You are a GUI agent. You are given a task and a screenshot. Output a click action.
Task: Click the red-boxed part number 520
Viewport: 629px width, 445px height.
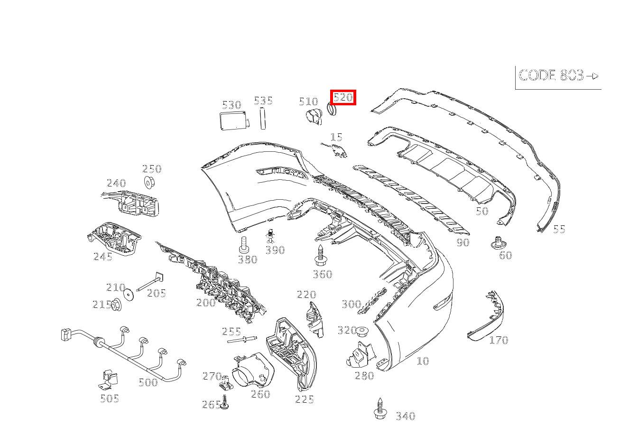point(343,98)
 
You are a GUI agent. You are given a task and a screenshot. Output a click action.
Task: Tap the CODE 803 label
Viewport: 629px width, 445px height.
point(557,76)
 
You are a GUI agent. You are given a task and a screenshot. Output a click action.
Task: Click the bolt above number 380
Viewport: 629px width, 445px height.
point(244,244)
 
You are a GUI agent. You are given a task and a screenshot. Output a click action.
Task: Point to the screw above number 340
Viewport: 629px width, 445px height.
point(379,408)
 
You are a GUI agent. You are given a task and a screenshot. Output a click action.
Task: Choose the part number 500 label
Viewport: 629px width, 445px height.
point(148,382)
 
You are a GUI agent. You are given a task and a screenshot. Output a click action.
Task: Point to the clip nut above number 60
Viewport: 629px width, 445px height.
point(497,243)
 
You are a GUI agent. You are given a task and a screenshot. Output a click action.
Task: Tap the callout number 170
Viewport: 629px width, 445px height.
point(499,340)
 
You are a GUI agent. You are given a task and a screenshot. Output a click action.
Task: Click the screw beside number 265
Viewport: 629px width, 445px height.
point(225,402)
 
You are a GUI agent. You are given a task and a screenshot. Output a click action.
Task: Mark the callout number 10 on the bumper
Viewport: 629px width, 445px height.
point(422,361)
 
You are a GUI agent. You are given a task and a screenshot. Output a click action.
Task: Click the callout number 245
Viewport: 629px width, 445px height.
point(103,257)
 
